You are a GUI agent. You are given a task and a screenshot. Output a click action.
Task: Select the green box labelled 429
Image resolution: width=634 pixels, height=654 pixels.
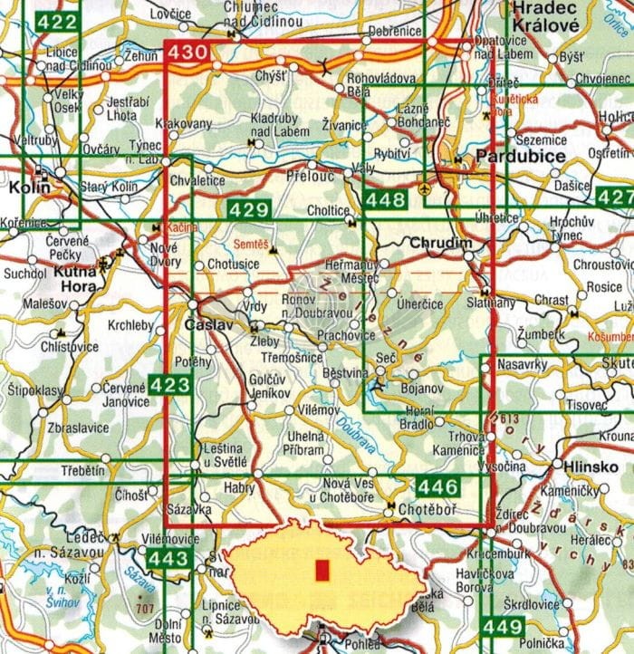click(249, 210)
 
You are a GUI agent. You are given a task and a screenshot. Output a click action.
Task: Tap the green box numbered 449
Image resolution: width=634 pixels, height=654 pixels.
click(501, 626)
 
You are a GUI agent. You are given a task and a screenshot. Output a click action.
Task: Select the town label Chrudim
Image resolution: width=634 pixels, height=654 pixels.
click(437, 244)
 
